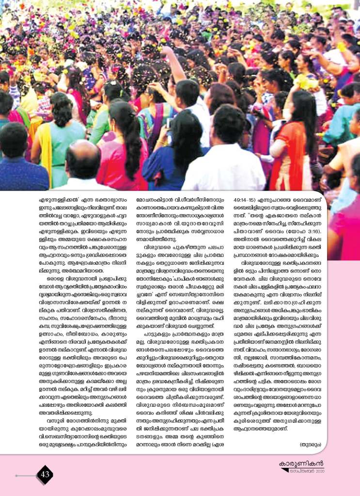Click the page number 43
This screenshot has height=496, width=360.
45,474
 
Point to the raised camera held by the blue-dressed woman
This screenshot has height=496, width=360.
169,123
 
